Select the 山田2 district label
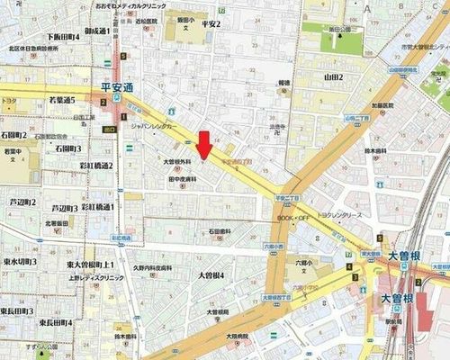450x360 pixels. coord(334,77)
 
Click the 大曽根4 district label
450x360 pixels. coord(211,274)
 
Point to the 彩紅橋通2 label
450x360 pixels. coord(96,166)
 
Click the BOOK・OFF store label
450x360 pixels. coord(292,218)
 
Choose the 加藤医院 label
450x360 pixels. coord(350,105)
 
